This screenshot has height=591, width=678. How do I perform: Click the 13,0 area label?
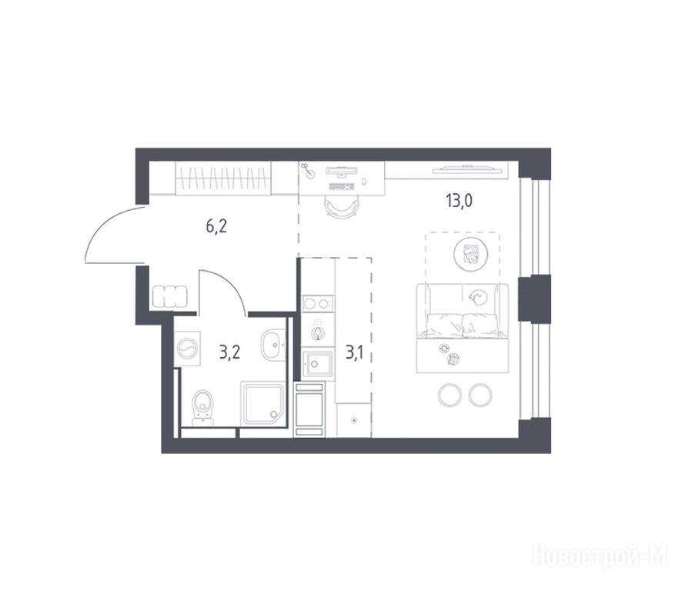pos(459,201)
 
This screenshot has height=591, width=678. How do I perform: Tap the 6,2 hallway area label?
pos(216,226)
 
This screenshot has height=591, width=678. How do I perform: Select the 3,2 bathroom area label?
pos(229,352)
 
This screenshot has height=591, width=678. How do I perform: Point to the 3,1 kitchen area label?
pos(355,352)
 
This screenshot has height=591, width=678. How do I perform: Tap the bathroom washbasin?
pos(273,345)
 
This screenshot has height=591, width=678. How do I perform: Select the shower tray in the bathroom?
pos(262,403)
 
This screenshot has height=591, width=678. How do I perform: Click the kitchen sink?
pos(318,363)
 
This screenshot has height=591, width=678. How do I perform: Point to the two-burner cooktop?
pos(318,303)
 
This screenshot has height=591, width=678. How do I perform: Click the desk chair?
pos(341,207)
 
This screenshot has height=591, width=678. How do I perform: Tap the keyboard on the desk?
pos(341,187)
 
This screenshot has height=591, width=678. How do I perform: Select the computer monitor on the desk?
pos(341,171)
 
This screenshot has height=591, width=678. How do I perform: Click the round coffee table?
pos(471,254)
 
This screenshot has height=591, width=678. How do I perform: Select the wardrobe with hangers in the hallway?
pos(223,178)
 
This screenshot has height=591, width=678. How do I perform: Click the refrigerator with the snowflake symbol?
pos(354,420)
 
